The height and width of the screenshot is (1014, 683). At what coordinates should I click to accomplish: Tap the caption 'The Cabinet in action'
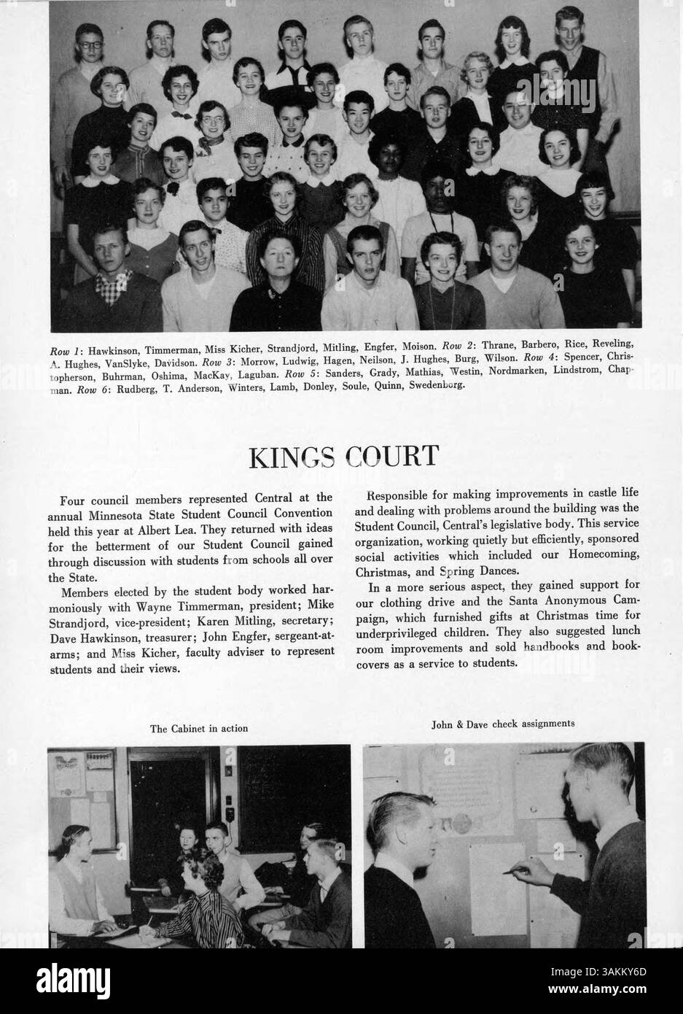point(199,728)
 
